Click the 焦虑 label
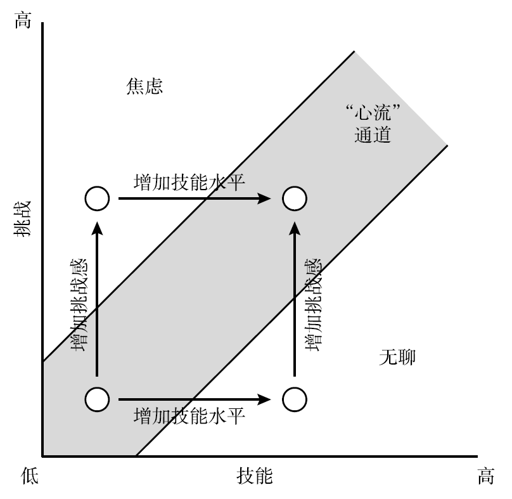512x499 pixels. [x=145, y=87]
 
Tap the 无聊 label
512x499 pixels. [x=397, y=358]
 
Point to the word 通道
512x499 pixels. [x=373, y=134]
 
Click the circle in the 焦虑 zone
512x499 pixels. [x=97, y=198]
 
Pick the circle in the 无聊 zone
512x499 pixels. [x=294, y=399]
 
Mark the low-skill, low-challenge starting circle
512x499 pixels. [x=97, y=399]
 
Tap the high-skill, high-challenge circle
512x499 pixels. [x=294, y=198]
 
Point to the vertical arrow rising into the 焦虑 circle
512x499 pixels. [x=97, y=298]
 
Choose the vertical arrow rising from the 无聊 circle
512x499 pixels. [x=294, y=298]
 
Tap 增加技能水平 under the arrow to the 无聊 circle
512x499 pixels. [x=190, y=417]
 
